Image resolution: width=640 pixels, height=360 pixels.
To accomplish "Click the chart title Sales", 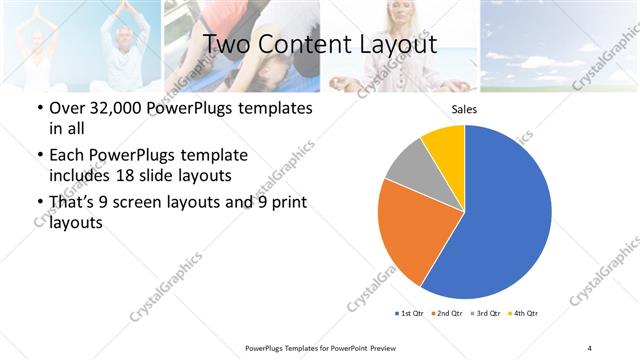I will point(464,109).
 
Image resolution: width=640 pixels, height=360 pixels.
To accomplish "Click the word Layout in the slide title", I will point(393,45).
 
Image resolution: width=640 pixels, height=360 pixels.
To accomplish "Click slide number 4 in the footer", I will point(590,347).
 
